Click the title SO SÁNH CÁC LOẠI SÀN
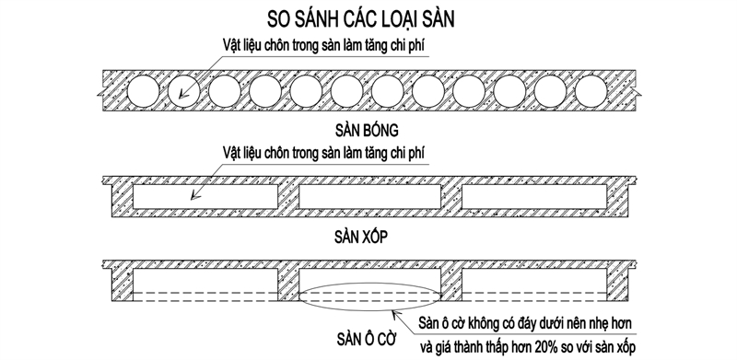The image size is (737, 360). tap(367, 17)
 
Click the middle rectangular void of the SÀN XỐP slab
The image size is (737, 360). tap(368, 194)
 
